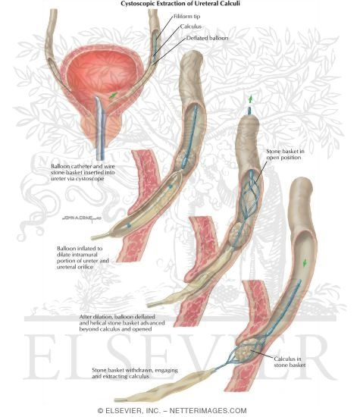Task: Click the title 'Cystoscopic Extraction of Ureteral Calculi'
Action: (x=180, y=4)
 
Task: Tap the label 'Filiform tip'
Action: (x=187, y=17)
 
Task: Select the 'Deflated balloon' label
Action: (x=207, y=38)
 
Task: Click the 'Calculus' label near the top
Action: (x=191, y=27)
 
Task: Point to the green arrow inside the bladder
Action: (x=113, y=96)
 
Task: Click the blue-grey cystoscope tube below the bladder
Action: (x=100, y=128)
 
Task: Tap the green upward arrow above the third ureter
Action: (x=250, y=99)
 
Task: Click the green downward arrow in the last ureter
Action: (x=305, y=263)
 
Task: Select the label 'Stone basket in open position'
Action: (x=285, y=154)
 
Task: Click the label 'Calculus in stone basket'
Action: (x=290, y=362)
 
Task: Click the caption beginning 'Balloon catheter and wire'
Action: (x=83, y=172)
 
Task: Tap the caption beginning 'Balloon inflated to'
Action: (x=83, y=258)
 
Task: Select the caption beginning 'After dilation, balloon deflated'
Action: (x=122, y=323)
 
